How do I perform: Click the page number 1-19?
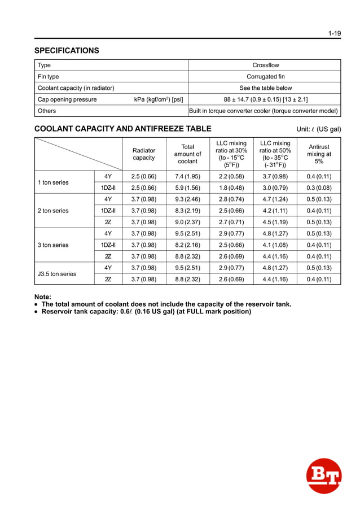point(335,33)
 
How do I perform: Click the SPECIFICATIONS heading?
point(67,51)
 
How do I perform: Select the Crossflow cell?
point(265,66)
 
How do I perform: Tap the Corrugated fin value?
point(265,77)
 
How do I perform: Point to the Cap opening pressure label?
point(67,99)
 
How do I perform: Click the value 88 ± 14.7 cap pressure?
point(265,99)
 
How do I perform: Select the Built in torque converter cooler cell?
point(264,111)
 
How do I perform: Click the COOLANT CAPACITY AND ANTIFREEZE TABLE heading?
point(123,129)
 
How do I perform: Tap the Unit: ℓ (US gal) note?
point(319,129)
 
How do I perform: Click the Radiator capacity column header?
point(143,154)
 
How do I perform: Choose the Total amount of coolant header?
point(188,154)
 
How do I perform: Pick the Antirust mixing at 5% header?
point(319,154)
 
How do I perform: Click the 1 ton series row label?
point(53,182)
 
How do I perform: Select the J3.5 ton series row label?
point(56,274)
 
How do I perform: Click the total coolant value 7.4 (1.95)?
point(187,177)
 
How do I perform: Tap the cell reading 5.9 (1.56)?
point(187,188)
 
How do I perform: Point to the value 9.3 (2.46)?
point(187,199)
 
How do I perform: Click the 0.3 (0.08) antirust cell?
point(319,188)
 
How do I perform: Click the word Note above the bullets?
point(43,297)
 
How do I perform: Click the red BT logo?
point(324,476)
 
